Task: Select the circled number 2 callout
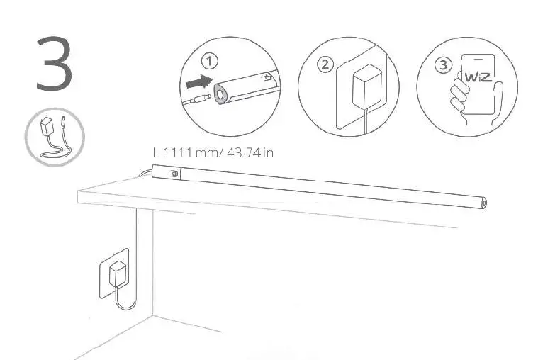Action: pos(325,64)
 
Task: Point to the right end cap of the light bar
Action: pos(485,202)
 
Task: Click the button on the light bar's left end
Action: pos(173,172)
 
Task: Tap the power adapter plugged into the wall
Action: pos(117,275)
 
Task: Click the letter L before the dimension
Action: pos(157,152)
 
